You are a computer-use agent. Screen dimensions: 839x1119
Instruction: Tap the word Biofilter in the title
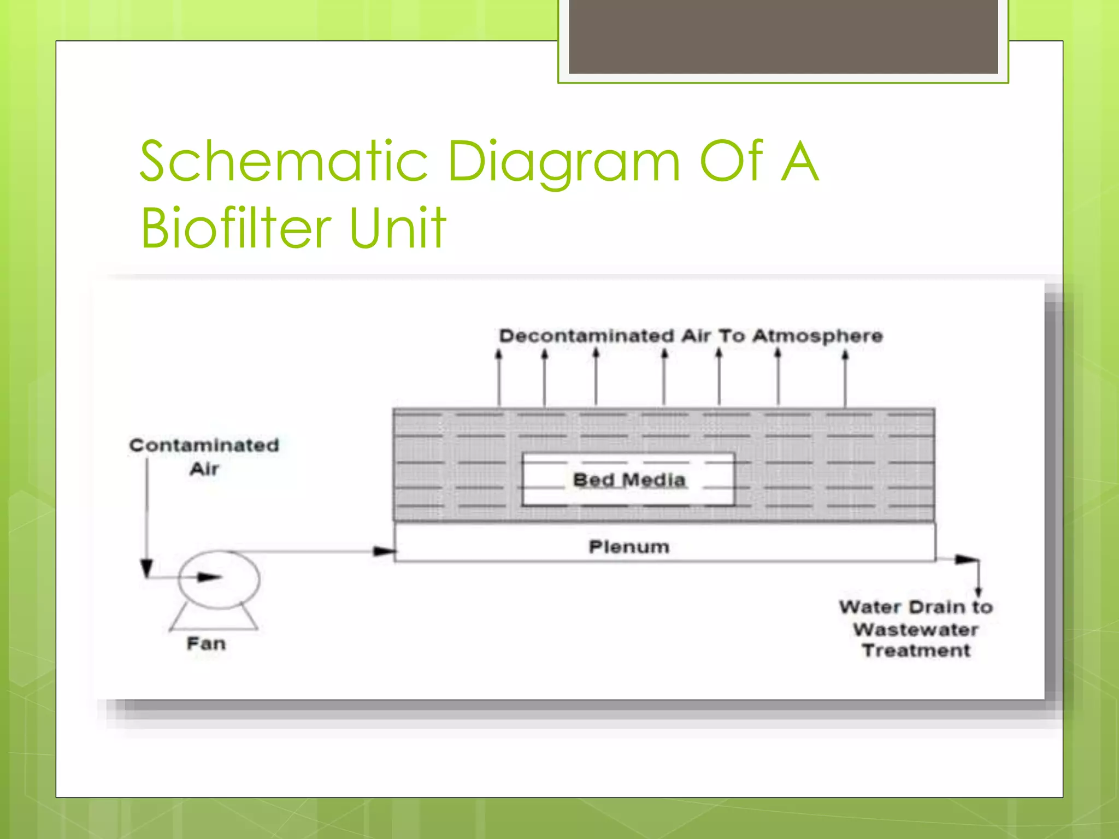pyautogui.click(x=235, y=228)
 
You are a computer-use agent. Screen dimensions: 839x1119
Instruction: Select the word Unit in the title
pyautogui.click(x=397, y=228)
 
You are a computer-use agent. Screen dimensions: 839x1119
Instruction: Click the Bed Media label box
pyautogui.click(x=628, y=480)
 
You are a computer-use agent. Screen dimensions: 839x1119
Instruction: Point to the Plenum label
pyautogui.click(x=629, y=547)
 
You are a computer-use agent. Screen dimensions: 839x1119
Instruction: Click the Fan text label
pyautogui.click(x=206, y=643)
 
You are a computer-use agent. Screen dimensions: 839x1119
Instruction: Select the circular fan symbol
pyautogui.click(x=219, y=580)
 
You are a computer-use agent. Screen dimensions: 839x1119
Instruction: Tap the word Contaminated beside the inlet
pyautogui.click(x=204, y=445)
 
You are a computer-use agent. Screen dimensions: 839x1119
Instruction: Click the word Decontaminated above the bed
pyautogui.click(x=586, y=336)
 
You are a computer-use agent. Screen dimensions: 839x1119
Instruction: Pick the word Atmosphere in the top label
pyautogui.click(x=817, y=336)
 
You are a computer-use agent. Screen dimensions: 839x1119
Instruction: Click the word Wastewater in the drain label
pyautogui.click(x=916, y=630)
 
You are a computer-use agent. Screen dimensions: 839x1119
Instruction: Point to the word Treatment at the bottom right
pyautogui.click(x=916, y=651)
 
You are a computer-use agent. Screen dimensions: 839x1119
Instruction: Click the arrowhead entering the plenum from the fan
pyautogui.click(x=384, y=551)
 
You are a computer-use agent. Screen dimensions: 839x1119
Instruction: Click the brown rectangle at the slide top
pyautogui.click(x=783, y=37)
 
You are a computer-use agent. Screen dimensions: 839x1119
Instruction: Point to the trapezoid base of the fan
pyautogui.click(x=214, y=619)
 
